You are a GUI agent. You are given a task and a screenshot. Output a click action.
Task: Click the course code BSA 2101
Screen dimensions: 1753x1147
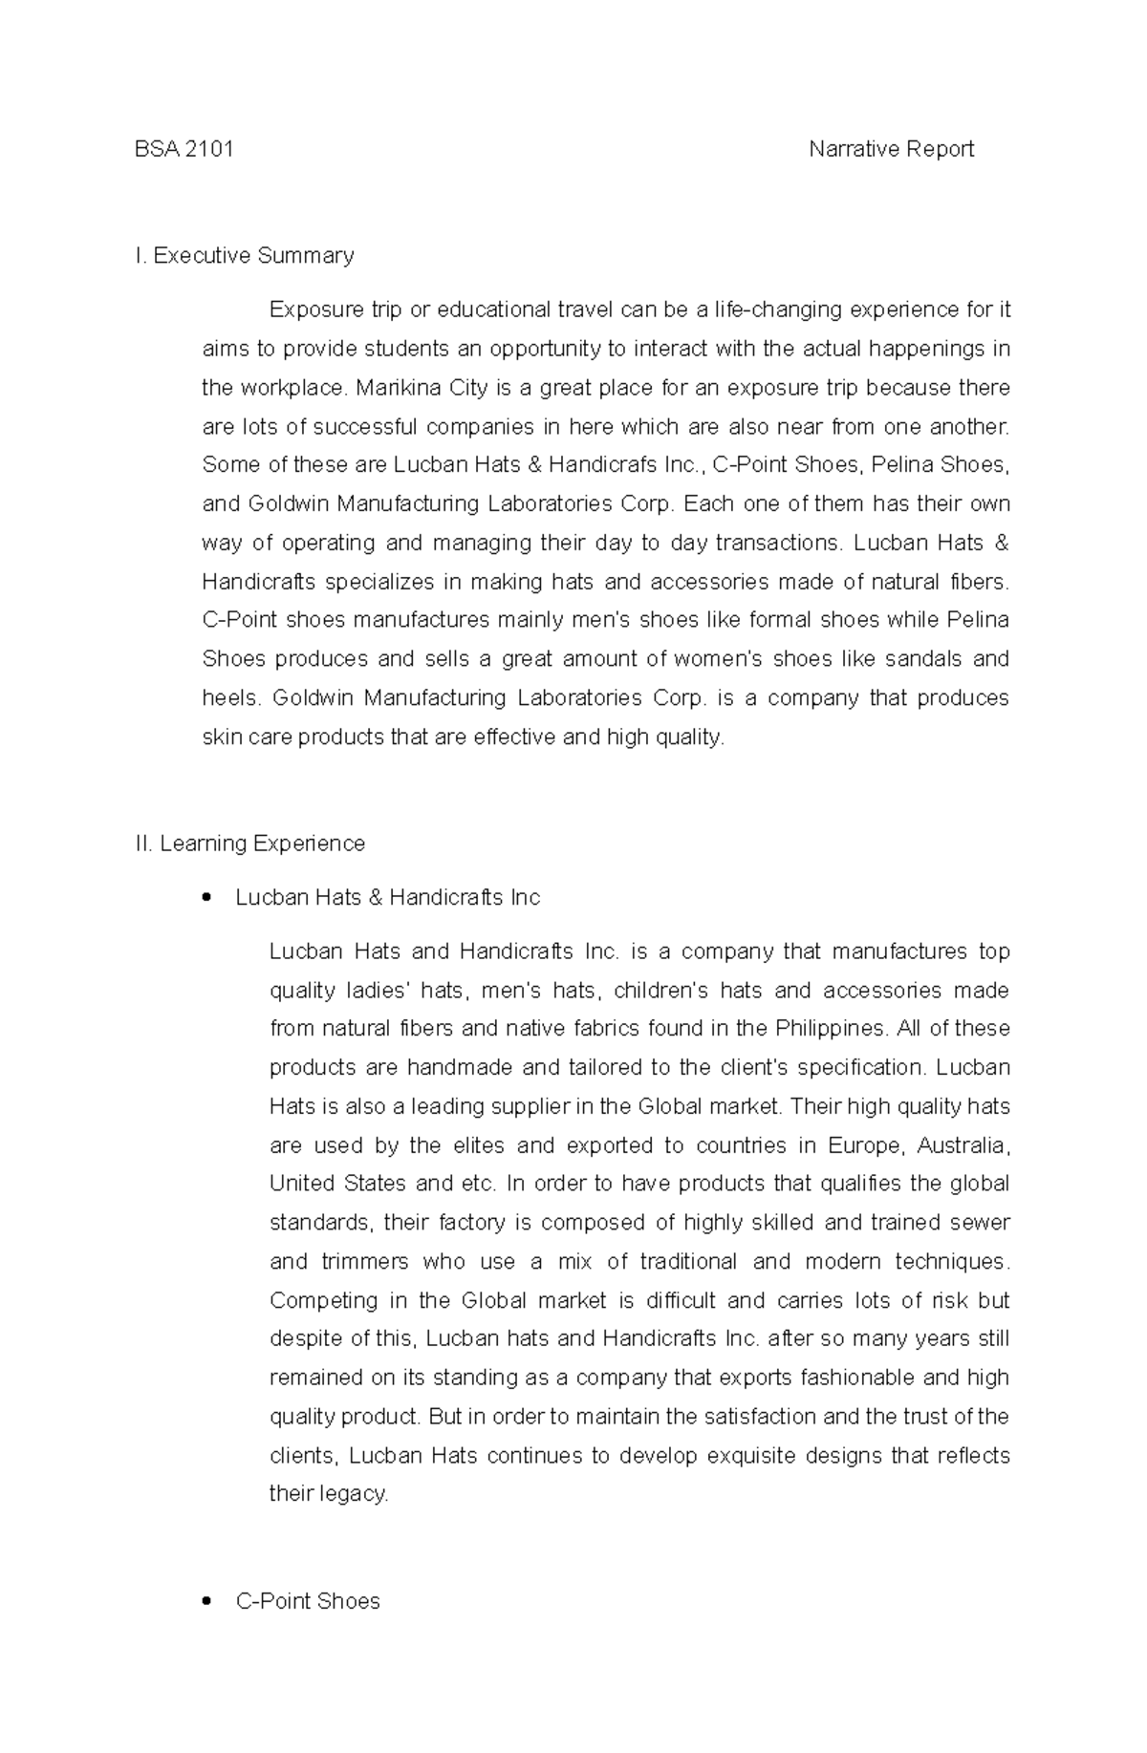pyautogui.click(x=184, y=149)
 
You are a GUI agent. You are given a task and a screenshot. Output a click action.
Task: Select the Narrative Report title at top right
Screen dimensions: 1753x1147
pyautogui.click(x=891, y=149)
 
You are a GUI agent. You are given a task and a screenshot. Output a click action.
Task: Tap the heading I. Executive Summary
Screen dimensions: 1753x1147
pyautogui.click(x=245, y=256)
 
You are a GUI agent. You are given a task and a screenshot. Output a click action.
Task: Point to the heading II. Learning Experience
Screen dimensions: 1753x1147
pyautogui.click(x=250, y=844)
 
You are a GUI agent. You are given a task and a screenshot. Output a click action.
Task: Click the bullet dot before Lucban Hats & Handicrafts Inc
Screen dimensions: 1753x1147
pyautogui.click(x=206, y=898)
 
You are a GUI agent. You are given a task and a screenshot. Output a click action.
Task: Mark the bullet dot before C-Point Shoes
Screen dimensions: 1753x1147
pyautogui.click(x=206, y=1602)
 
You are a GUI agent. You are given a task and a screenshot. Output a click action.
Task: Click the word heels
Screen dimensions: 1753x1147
pyautogui.click(x=230, y=698)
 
